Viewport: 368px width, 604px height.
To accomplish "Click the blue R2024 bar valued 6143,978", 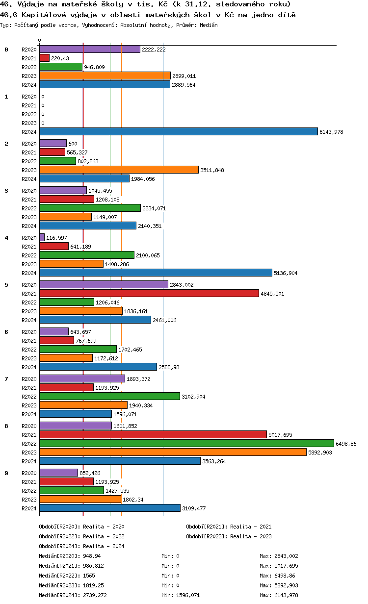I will [x=179, y=131].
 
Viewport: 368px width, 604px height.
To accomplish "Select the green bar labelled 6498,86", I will [x=186, y=443].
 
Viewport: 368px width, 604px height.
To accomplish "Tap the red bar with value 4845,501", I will [x=149, y=293].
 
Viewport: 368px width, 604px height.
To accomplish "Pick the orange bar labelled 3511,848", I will [x=119, y=170].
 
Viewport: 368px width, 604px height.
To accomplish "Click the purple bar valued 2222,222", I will [x=90, y=49].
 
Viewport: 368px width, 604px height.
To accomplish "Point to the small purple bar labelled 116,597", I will [x=42, y=237].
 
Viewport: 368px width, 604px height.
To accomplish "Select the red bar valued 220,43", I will [x=45, y=58].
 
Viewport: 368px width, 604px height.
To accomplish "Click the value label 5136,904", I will [x=286, y=273].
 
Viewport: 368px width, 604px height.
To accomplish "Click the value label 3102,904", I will [x=193, y=397].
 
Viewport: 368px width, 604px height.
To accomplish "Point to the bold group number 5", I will [x=6, y=285].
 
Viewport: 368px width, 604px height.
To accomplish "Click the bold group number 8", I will [x=6, y=426].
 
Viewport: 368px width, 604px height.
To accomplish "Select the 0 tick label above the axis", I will [x=40, y=40].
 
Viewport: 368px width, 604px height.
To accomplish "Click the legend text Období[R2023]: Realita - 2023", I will [x=229, y=536].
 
